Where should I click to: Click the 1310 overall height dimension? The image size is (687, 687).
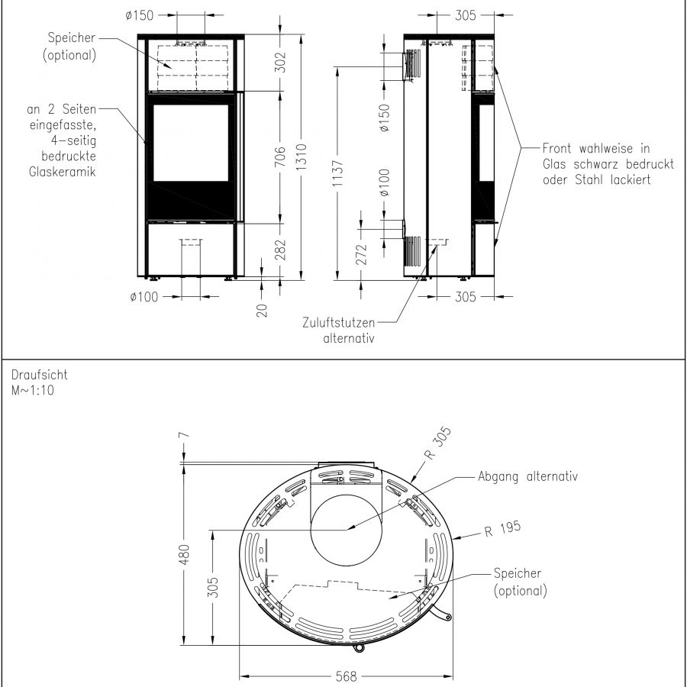coord(302,158)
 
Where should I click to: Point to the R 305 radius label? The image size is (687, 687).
coord(438,445)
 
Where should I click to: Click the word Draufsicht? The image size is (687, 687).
coord(39,376)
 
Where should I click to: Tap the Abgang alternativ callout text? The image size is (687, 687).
coord(527,476)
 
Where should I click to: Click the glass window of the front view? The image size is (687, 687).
coord(191,143)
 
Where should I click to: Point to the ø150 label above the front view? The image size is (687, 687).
coord(140,15)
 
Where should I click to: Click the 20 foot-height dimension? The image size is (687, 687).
coord(262,309)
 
